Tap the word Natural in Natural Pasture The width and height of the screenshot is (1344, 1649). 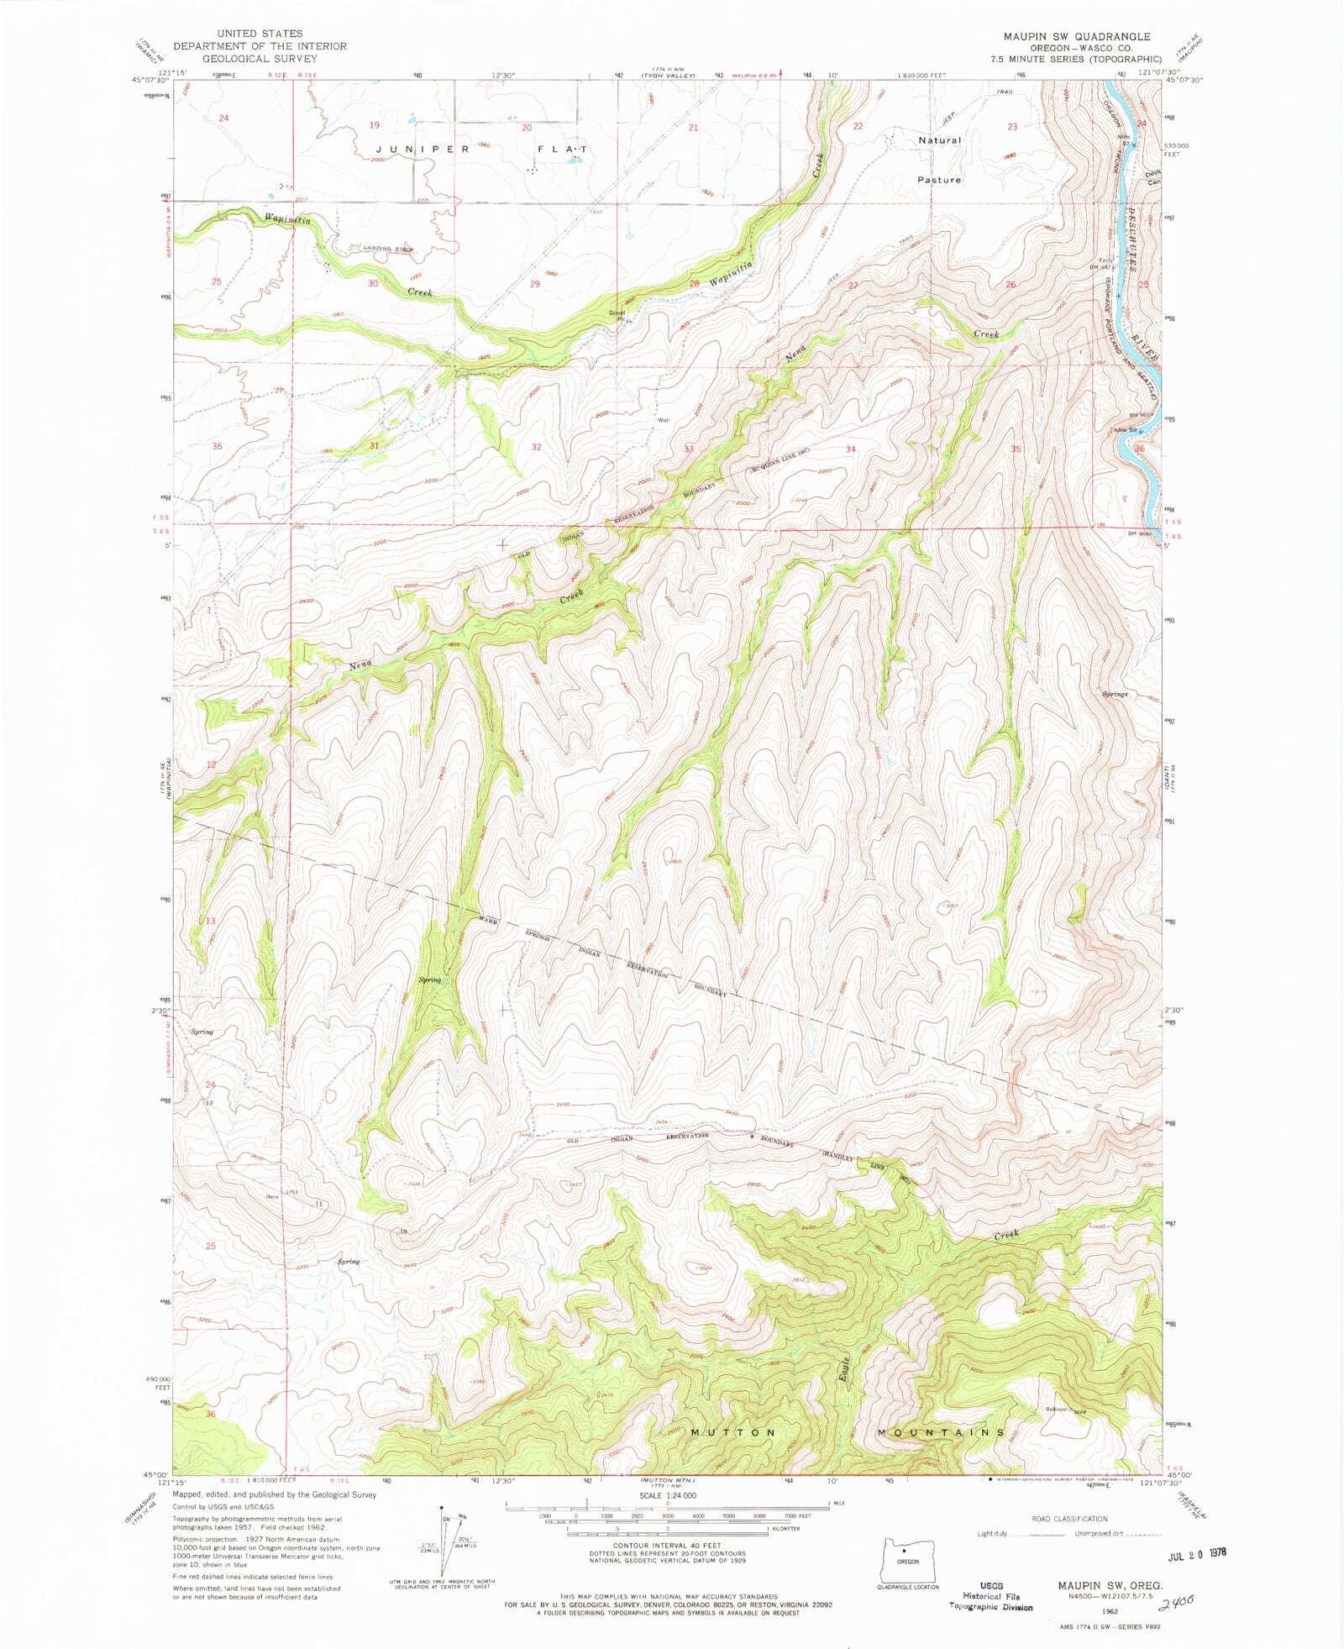point(939,140)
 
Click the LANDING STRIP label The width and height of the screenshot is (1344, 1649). point(388,249)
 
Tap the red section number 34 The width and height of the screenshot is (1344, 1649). point(850,449)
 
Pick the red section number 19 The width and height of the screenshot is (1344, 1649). point(375,125)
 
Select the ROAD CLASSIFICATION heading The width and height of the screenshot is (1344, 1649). point(1069,1519)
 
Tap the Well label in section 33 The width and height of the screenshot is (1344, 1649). point(664,422)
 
